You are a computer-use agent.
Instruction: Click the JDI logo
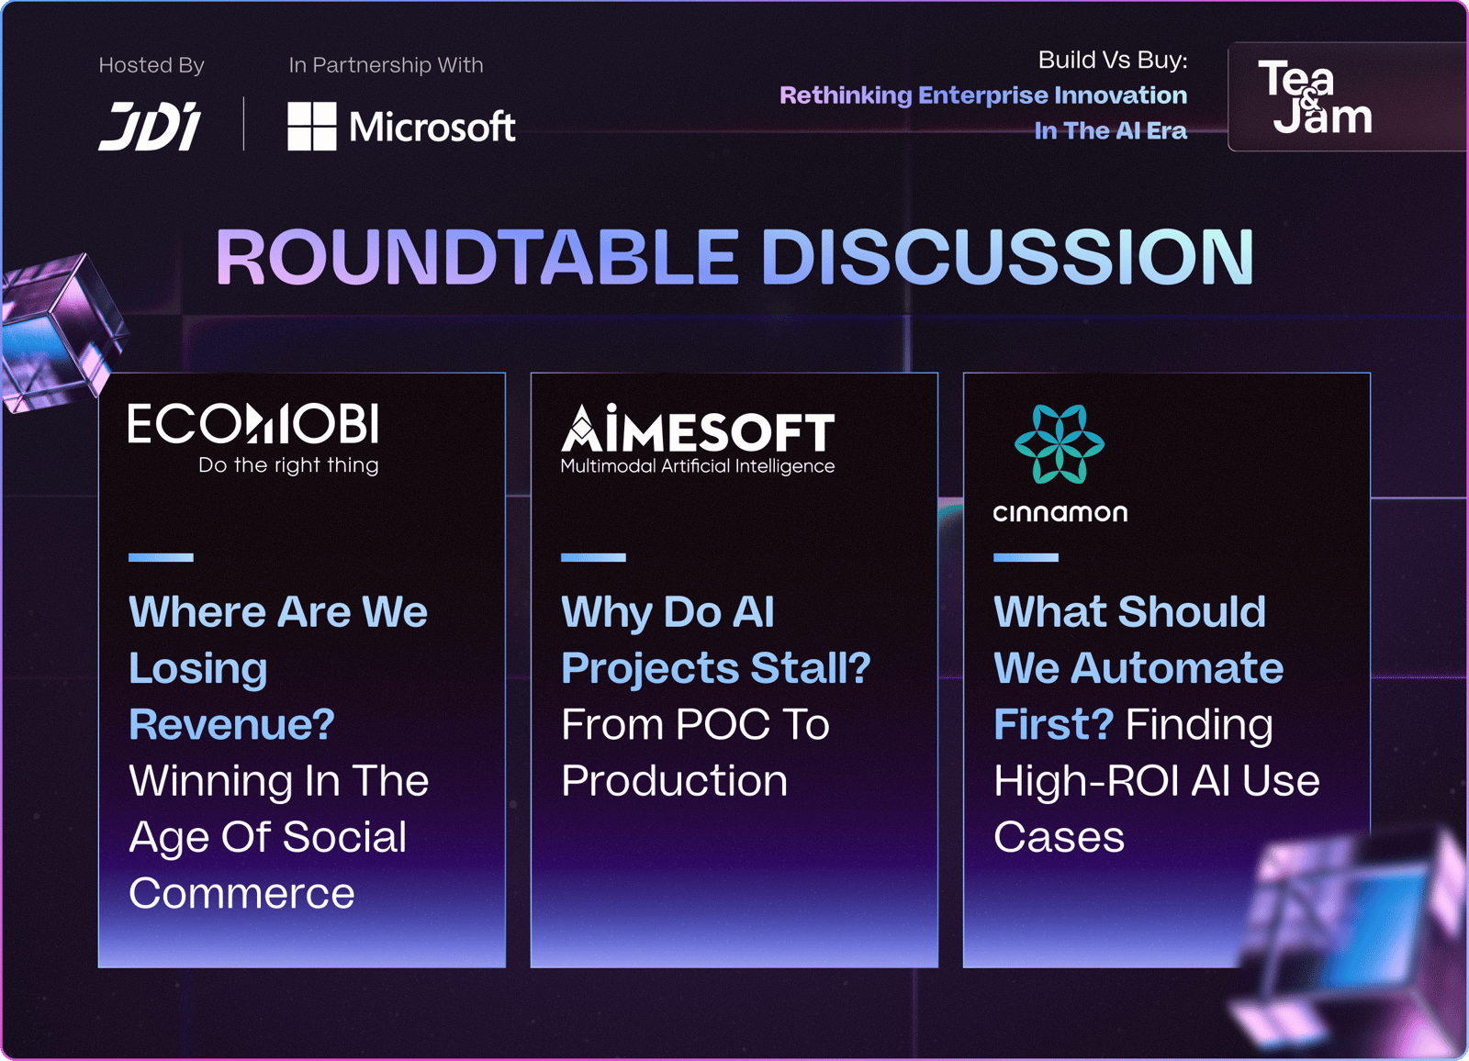(151, 126)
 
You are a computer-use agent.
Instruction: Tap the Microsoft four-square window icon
(312, 126)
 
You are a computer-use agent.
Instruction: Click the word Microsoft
(432, 127)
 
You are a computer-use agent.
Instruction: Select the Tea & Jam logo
(1314, 96)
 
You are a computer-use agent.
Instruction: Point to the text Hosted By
(151, 65)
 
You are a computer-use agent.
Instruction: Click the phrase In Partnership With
(386, 65)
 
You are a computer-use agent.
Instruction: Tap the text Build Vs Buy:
(1113, 60)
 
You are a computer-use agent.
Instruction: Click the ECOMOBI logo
(253, 423)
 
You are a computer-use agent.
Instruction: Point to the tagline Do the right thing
(288, 465)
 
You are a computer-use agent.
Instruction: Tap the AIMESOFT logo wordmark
(698, 429)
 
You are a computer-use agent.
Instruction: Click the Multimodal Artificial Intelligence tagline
(698, 466)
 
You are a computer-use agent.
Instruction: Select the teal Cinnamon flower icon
(1060, 444)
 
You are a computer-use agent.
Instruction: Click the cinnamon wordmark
(1060, 513)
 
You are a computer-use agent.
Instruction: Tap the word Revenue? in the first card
(232, 724)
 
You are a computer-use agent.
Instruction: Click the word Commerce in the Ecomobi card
(242, 893)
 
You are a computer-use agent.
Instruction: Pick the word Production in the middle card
(675, 780)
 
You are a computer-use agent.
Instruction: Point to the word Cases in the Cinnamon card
(1060, 837)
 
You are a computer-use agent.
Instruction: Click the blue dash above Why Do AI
(593, 557)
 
